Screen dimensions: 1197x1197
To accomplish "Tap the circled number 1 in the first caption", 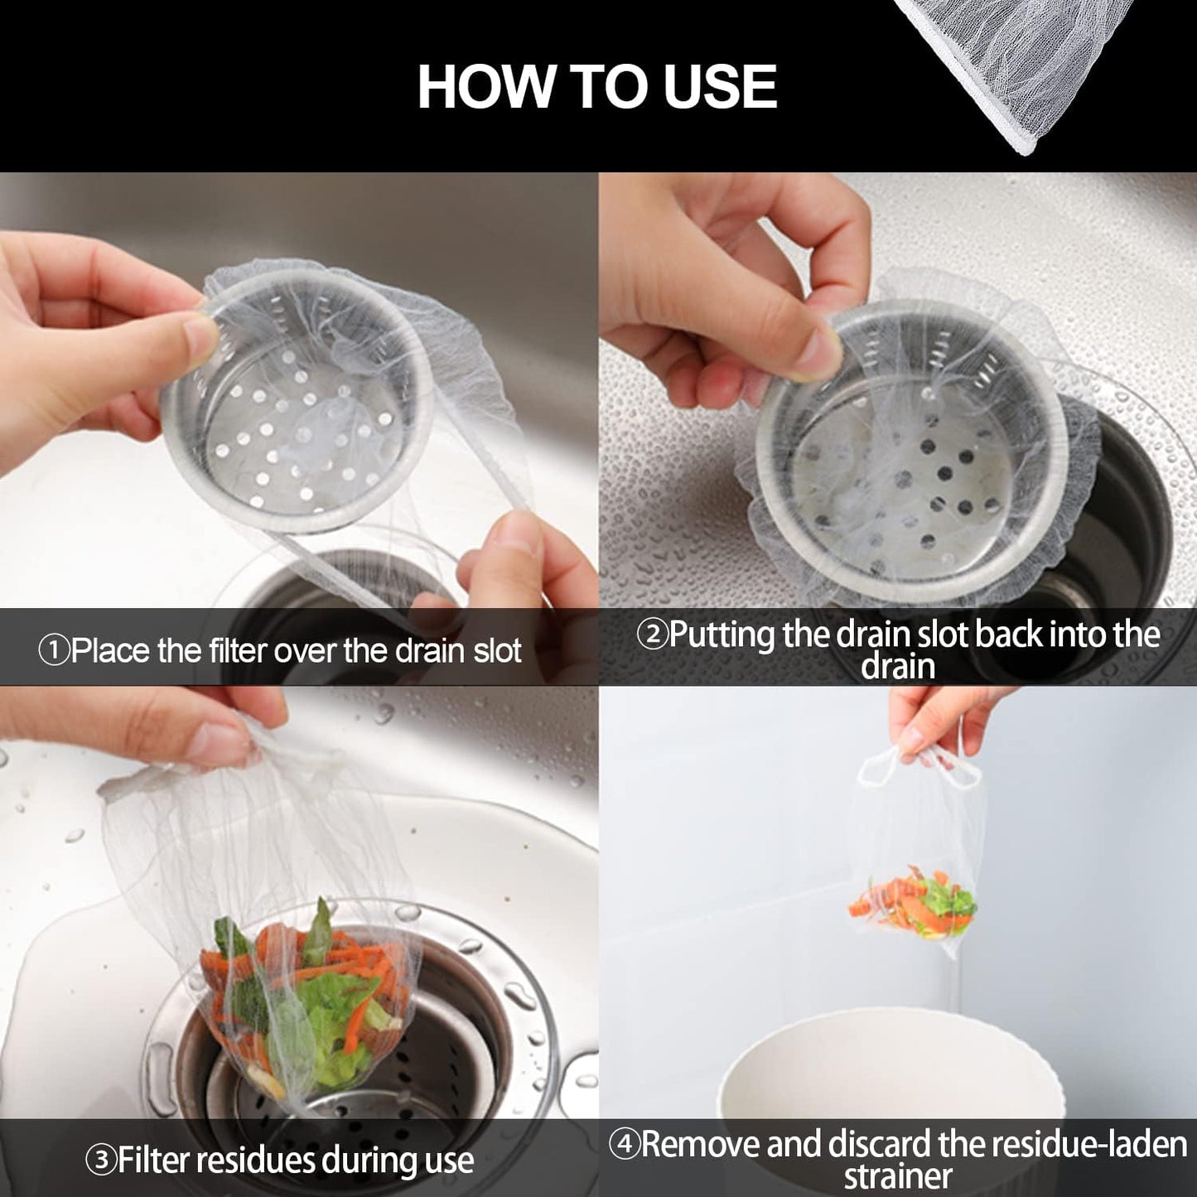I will [53, 651].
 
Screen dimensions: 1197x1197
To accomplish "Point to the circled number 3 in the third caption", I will [103, 1161].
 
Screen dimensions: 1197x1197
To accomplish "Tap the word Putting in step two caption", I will [721, 635].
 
